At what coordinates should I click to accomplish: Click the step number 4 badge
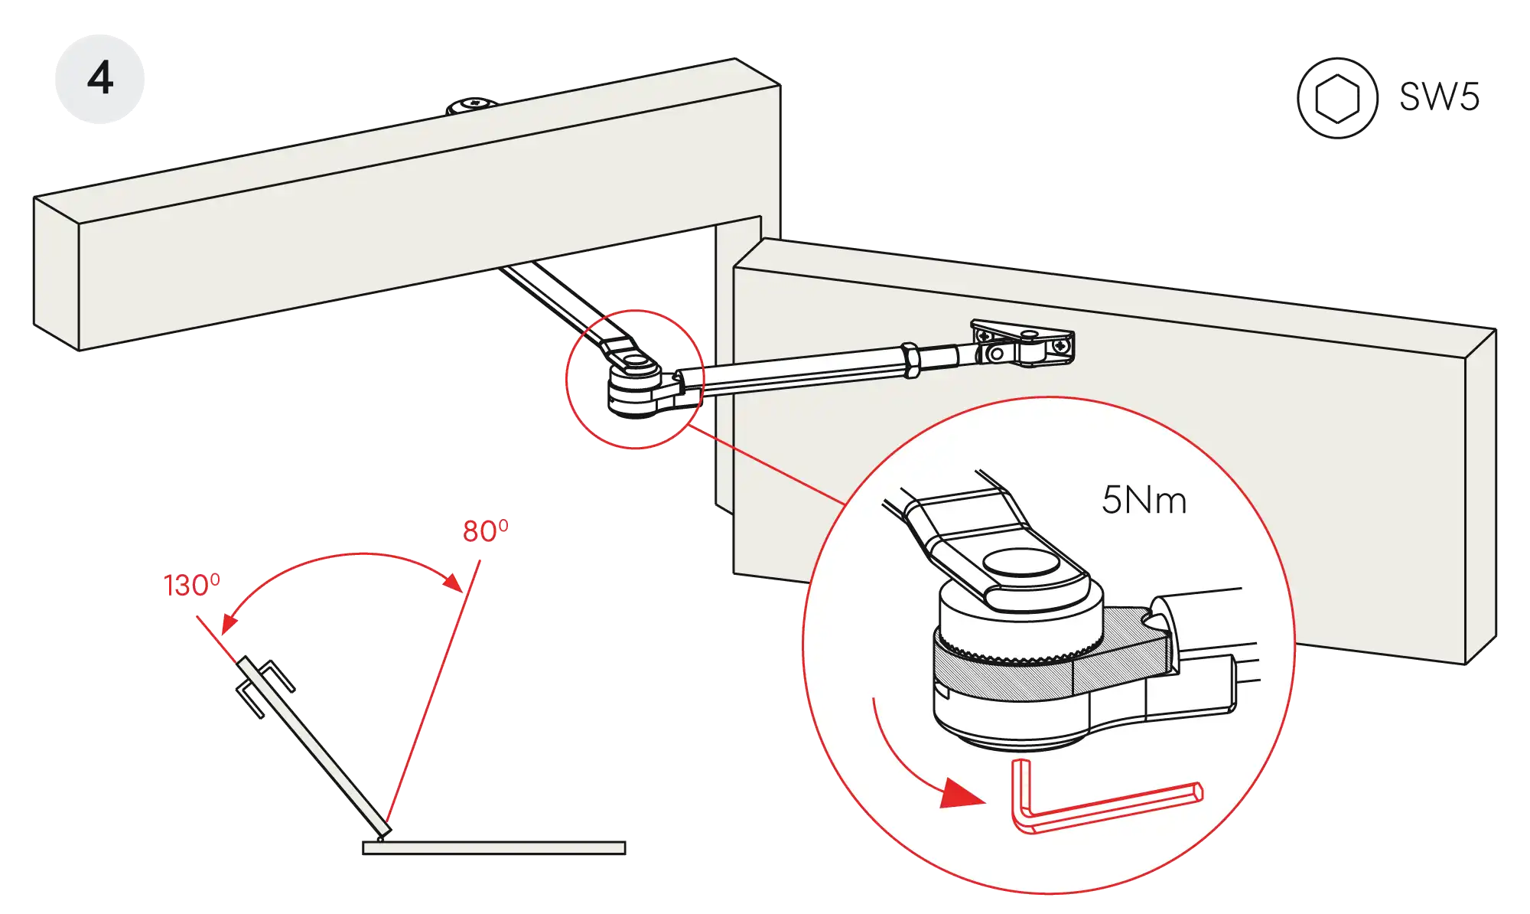[x=100, y=78]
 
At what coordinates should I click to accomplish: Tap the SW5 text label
[x=1440, y=97]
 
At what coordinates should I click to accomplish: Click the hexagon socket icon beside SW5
[x=1337, y=98]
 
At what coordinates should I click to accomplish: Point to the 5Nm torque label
[x=1144, y=501]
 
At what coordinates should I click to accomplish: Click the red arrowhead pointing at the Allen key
[x=961, y=795]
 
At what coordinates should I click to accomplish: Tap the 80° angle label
[x=484, y=530]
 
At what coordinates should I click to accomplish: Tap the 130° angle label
[x=190, y=586]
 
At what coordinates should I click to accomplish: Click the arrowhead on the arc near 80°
[x=454, y=581]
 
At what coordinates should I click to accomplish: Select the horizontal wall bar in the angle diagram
[x=495, y=847]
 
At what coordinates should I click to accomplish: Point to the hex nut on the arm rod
[x=910, y=360]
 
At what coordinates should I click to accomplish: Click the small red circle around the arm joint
[x=633, y=379]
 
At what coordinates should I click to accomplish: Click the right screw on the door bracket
[x=1060, y=347]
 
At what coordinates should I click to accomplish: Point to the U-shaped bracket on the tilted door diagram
[x=264, y=687]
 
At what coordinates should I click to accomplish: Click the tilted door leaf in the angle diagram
[x=314, y=746]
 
